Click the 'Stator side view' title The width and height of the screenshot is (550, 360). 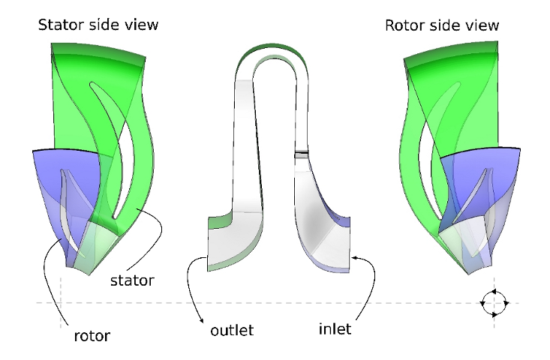tap(98, 25)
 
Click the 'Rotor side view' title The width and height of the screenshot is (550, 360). tap(442, 25)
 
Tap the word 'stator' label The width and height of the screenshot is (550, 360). tap(132, 280)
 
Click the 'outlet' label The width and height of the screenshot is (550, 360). tap(232, 329)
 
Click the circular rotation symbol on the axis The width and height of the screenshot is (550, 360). tap(494, 302)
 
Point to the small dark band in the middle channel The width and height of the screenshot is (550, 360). tap(302, 154)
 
